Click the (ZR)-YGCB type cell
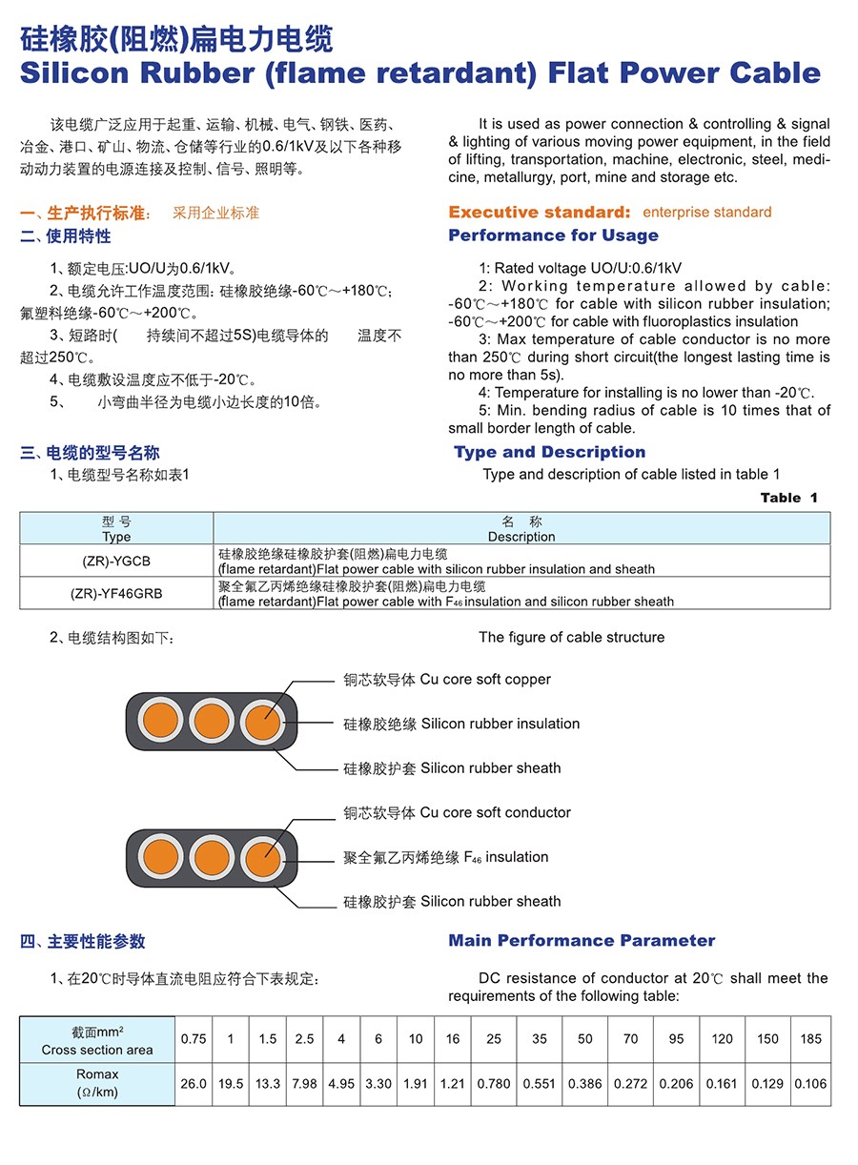[116, 562]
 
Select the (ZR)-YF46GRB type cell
[116, 593]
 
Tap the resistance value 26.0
[194, 1084]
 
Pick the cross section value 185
[811, 1039]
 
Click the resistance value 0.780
[494, 1084]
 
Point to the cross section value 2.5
[304, 1039]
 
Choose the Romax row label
[97, 1083]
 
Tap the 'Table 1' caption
[788, 498]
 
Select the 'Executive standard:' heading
[540, 212]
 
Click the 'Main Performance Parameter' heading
[582, 941]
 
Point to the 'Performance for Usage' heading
[553, 235]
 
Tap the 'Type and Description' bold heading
[550, 452]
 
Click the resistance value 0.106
[811, 1084]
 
